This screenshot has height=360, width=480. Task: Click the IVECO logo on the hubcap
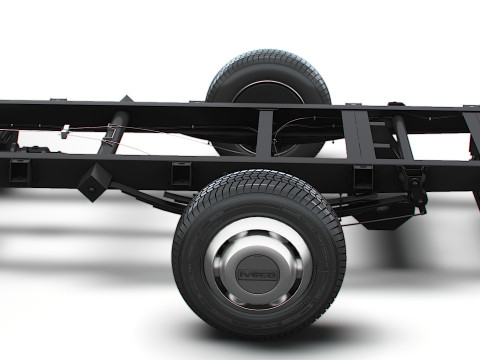click(x=257, y=270)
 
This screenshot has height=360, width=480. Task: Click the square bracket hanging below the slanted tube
click(x=95, y=181)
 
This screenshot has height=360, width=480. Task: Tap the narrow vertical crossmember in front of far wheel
click(x=264, y=132)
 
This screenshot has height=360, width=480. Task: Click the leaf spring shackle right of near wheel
click(x=412, y=186)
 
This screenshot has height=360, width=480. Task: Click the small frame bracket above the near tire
click(x=181, y=173)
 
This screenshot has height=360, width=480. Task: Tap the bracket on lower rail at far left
click(x=19, y=171)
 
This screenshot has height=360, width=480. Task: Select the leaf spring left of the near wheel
click(x=150, y=198)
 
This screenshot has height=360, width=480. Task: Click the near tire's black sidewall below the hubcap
click(x=257, y=318)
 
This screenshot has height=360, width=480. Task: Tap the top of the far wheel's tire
click(x=267, y=56)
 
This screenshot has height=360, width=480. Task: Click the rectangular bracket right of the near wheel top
click(x=362, y=178)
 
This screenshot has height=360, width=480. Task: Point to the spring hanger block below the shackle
click(x=385, y=216)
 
